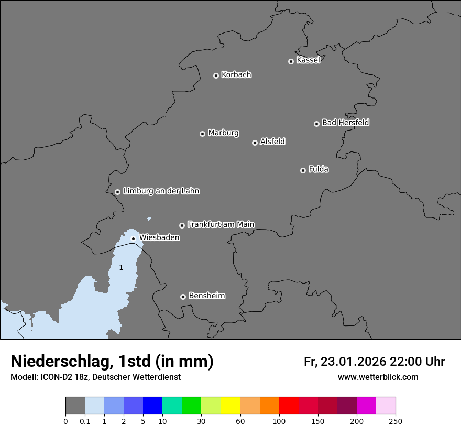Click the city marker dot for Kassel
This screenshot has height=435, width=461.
[291, 61]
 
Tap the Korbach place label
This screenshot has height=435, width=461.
[236, 75]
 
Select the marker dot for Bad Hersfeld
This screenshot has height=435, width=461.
[316, 124]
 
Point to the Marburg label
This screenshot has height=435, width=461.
[223, 133]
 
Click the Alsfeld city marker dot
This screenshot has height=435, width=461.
[255, 143]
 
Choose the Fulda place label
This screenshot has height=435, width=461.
[319, 170]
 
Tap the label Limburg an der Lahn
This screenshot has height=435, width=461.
[161, 191]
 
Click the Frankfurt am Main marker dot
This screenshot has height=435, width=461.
[182, 225]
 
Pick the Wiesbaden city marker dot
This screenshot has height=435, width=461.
[133, 238]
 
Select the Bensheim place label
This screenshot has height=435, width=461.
[206, 296]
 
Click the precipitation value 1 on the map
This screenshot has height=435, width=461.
[121, 267]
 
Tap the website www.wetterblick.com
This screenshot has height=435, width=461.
[378, 377]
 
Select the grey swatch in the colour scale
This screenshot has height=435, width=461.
[75, 406]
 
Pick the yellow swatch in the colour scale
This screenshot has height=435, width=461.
[230, 406]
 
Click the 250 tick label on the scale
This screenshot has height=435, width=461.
[396, 421]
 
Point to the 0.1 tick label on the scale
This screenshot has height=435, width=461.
[85, 421]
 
